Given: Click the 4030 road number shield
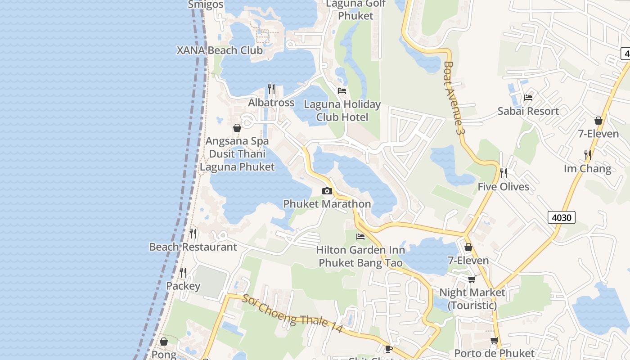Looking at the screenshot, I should [562, 218].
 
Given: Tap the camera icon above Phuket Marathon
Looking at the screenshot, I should [327, 191].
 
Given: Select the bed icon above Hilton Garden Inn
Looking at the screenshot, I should [360, 237].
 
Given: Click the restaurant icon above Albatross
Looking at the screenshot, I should [271, 89].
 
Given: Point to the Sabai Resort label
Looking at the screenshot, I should [528, 111].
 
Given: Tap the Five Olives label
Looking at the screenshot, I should [503, 187].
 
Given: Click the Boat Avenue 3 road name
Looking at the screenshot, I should [453, 98].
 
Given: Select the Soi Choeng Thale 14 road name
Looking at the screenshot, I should [292, 314].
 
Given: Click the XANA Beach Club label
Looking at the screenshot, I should [220, 50].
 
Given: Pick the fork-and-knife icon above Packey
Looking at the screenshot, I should [183, 273].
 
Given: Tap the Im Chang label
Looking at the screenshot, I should [587, 169].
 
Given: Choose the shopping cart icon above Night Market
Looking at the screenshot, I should [472, 279].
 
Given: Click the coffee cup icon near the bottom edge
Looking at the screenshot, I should [389, 349].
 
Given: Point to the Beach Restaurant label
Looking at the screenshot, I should [193, 247].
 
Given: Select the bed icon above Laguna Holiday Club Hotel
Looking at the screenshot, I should [342, 91].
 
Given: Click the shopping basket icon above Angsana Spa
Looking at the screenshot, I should [237, 128].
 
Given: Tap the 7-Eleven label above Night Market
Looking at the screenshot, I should [468, 261].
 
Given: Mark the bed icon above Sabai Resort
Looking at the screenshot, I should [528, 98].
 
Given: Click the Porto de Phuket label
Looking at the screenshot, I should [494, 353].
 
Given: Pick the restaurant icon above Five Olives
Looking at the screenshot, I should [504, 173].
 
